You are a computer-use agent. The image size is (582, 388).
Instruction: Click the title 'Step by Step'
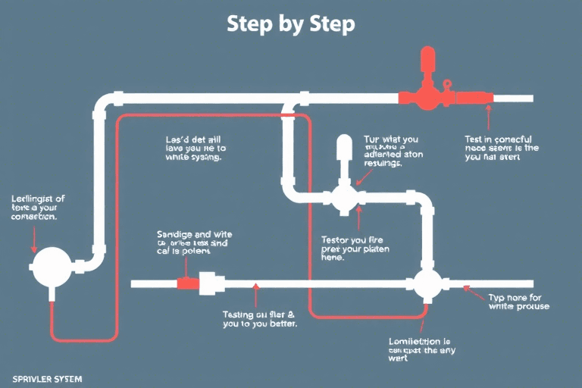pyautogui.click(x=291, y=23)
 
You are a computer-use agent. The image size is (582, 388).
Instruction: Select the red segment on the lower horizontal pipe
pyautogui.click(x=187, y=283)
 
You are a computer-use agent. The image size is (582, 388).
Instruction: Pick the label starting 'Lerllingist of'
pyautogui.click(x=38, y=207)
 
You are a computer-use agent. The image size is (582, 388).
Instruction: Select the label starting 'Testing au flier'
pyautogui.click(x=259, y=318)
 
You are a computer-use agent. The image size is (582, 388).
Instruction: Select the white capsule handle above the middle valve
pyautogui.click(x=343, y=151)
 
